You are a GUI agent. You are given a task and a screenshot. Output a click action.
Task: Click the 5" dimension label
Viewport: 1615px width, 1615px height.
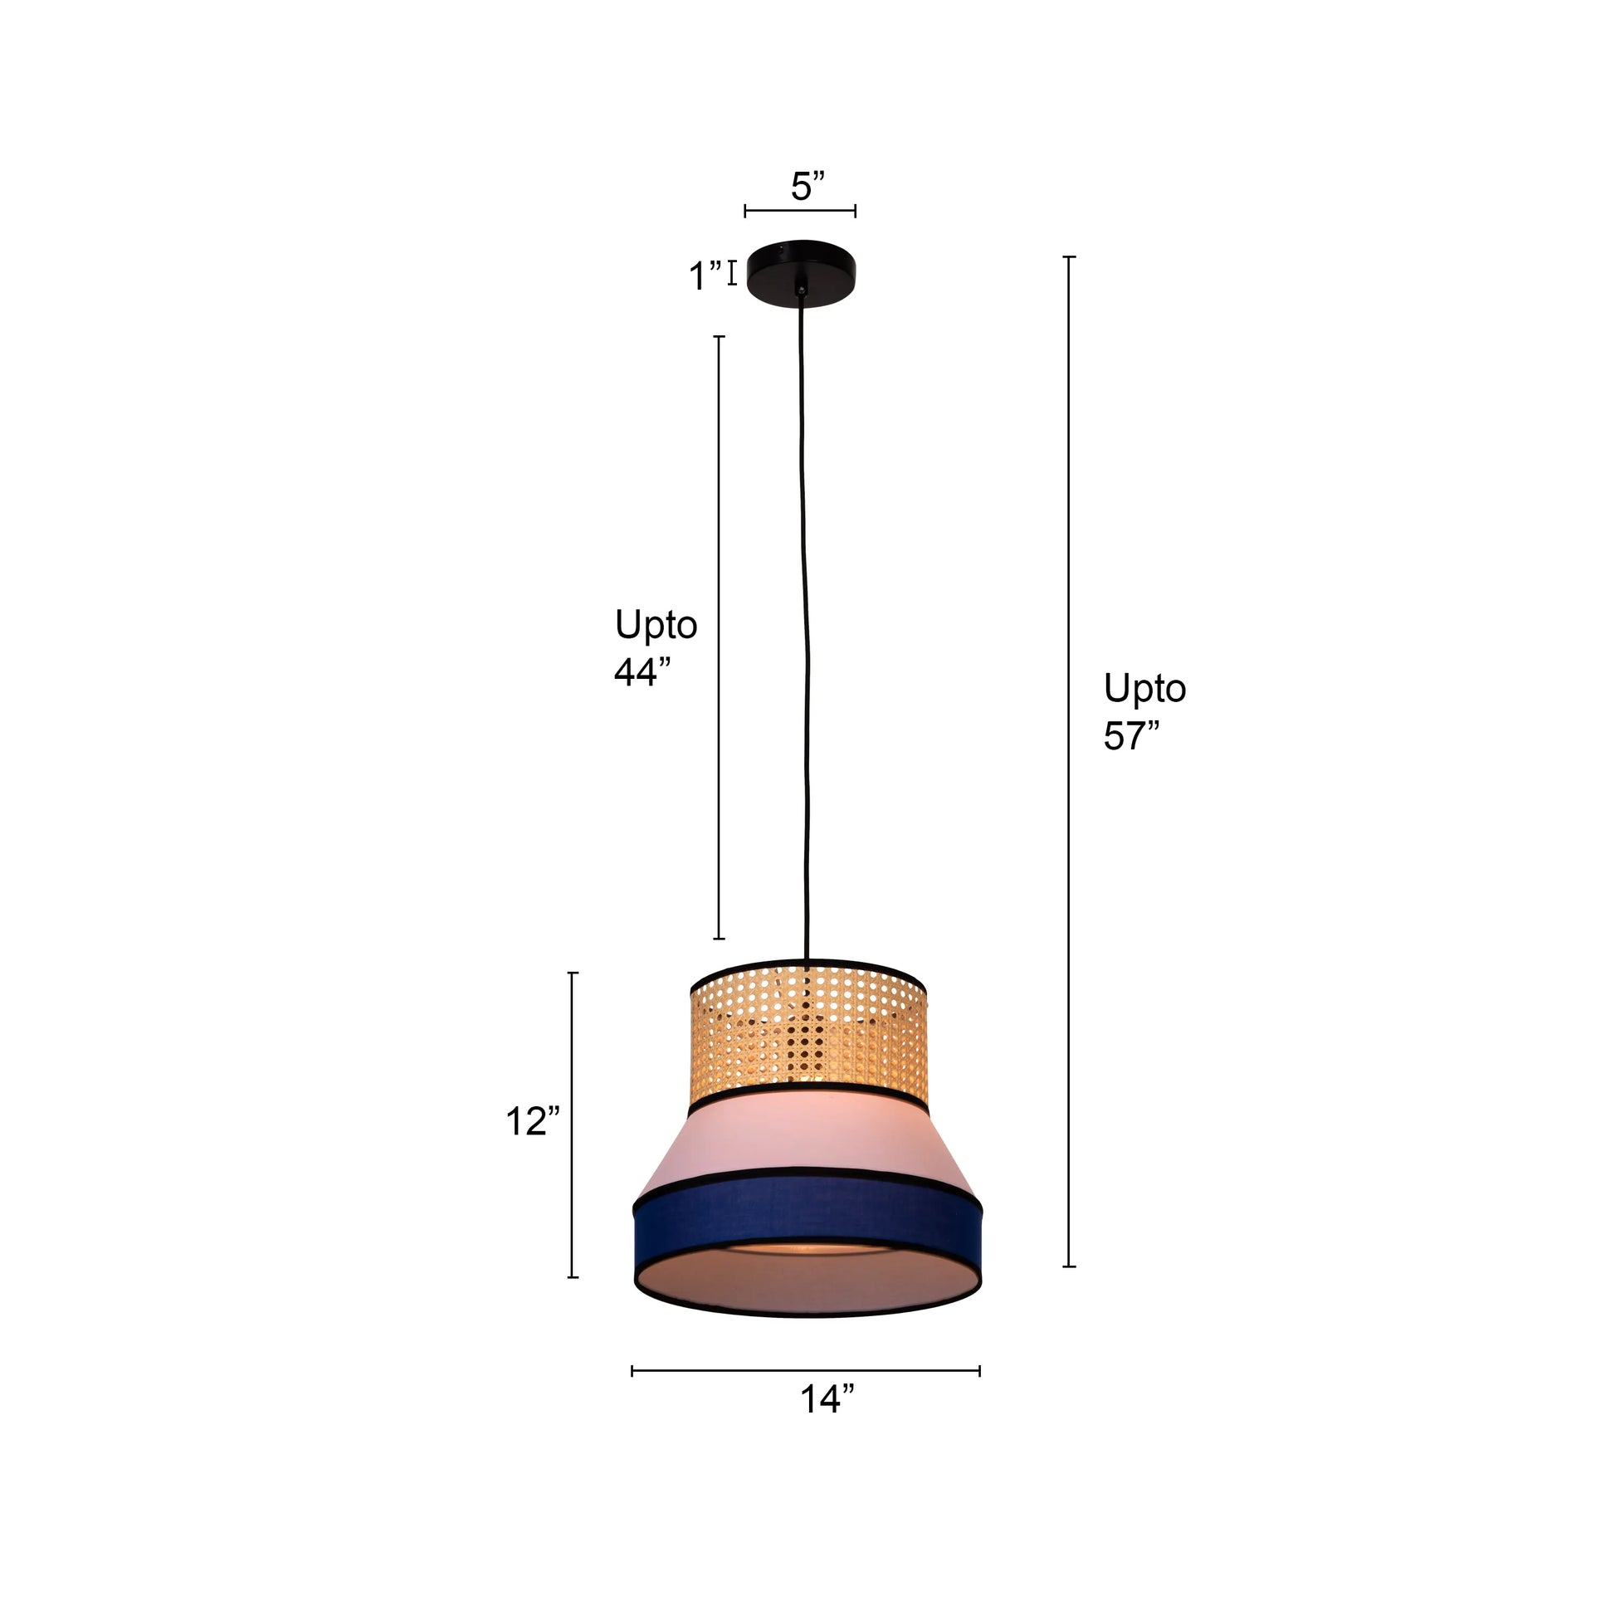tap(807, 187)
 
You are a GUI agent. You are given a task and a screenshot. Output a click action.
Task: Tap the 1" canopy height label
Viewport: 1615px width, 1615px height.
tap(705, 276)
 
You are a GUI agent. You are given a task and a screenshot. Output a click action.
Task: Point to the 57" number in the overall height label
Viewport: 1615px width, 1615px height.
tap(1131, 735)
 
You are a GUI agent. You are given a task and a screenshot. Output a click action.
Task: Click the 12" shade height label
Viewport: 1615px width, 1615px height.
tap(532, 1121)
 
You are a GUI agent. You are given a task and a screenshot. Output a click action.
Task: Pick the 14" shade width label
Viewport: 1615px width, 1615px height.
tap(827, 1398)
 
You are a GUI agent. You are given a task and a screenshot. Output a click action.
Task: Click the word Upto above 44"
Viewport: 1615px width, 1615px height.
tap(656, 624)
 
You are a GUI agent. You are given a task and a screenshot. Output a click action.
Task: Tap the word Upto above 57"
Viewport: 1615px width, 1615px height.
tap(1144, 689)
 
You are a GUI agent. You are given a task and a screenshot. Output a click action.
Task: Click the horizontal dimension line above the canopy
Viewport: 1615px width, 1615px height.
tap(800, 211)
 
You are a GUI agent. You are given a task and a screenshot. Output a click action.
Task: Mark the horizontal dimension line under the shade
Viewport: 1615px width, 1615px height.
tap(806, 1371)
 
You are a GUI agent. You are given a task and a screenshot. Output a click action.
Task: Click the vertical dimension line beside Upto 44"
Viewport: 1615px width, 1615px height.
tap(719, 638)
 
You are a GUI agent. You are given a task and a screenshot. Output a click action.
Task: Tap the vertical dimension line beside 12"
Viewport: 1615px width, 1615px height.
tap(573, 1125)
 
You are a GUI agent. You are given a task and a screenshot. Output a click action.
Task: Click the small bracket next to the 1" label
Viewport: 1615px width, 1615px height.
tap(733, 273)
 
